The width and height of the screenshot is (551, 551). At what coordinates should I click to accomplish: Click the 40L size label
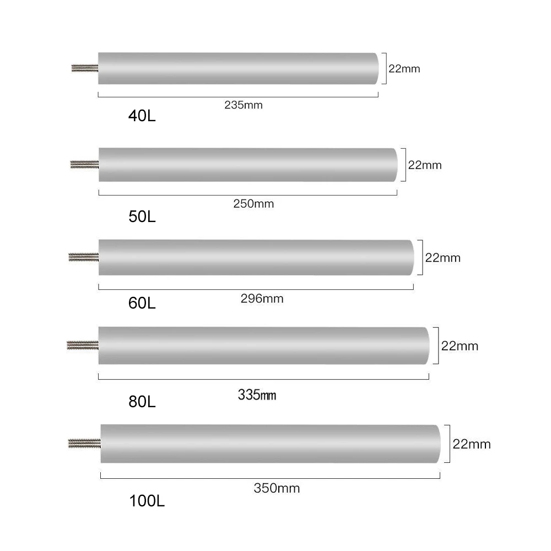[x=142, y=116]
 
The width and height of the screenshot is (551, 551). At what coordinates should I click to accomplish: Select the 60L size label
[x=142, y=302]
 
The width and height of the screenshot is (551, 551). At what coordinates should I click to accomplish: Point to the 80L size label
[x=142, y=401]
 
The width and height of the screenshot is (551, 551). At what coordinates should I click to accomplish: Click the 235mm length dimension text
[x=243, y=105]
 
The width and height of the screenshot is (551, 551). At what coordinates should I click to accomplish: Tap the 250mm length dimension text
[x=254, y=203]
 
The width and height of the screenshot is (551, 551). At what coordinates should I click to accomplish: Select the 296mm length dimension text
[x=262, y=299]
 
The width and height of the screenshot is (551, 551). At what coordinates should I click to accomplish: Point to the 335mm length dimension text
[x=257, y=395]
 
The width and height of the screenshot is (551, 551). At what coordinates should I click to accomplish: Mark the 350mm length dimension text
[x=277, y=488]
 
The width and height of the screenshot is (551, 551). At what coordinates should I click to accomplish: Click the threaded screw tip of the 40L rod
[x=85, y=68]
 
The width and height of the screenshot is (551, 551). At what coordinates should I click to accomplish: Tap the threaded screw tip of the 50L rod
[x=84, y=164]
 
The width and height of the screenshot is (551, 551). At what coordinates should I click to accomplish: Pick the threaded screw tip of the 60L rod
[x=83, y=256]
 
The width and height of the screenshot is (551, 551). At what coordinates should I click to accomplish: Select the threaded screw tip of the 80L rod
[x=82, y=345]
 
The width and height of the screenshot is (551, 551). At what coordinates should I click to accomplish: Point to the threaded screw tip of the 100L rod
[x=84, y=442]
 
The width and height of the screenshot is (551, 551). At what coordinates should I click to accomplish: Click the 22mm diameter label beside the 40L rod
[x=404, y=69]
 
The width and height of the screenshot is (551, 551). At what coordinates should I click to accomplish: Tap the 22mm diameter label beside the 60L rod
[x=442, y=257]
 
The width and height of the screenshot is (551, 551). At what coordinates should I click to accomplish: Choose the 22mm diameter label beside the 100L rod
[x=471, y=444]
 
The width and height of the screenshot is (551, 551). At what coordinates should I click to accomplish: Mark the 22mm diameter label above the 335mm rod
[x=460, y=346]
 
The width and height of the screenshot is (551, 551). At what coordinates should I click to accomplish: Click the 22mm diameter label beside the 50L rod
[x=424, y=165]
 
